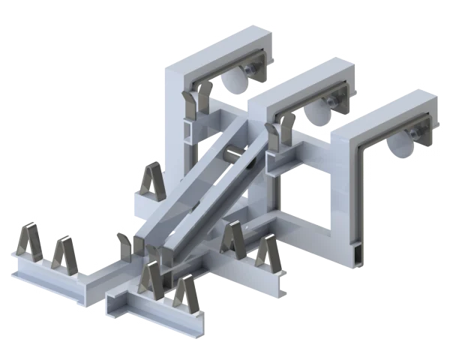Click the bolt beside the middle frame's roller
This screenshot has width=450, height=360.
click(x=331, y=100)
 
